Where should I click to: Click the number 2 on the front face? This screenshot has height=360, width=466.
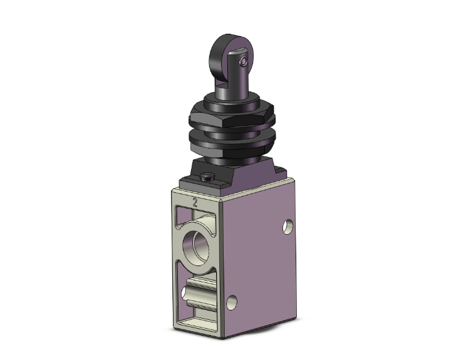(195, 202)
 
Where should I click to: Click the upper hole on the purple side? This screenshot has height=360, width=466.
(289, 224)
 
